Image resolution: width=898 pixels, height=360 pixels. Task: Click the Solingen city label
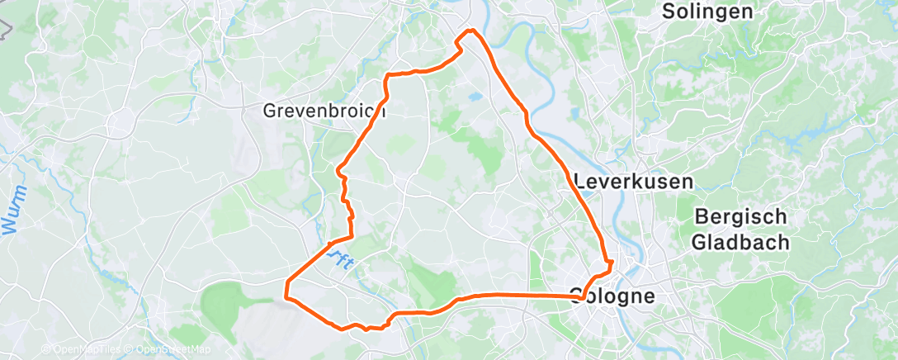[708, 12]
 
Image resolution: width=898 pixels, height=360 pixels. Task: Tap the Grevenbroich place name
[313, 110]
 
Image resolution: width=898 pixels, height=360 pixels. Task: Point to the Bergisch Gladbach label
[740, 230]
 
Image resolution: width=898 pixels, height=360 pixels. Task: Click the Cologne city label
[612, 296]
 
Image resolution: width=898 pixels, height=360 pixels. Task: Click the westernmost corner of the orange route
[286, 295]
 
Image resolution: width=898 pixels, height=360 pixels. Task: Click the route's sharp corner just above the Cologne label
[611, 263]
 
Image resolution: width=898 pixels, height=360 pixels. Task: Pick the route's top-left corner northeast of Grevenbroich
[387, 76]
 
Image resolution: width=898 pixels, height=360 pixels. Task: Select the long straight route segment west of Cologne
[520, 295]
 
